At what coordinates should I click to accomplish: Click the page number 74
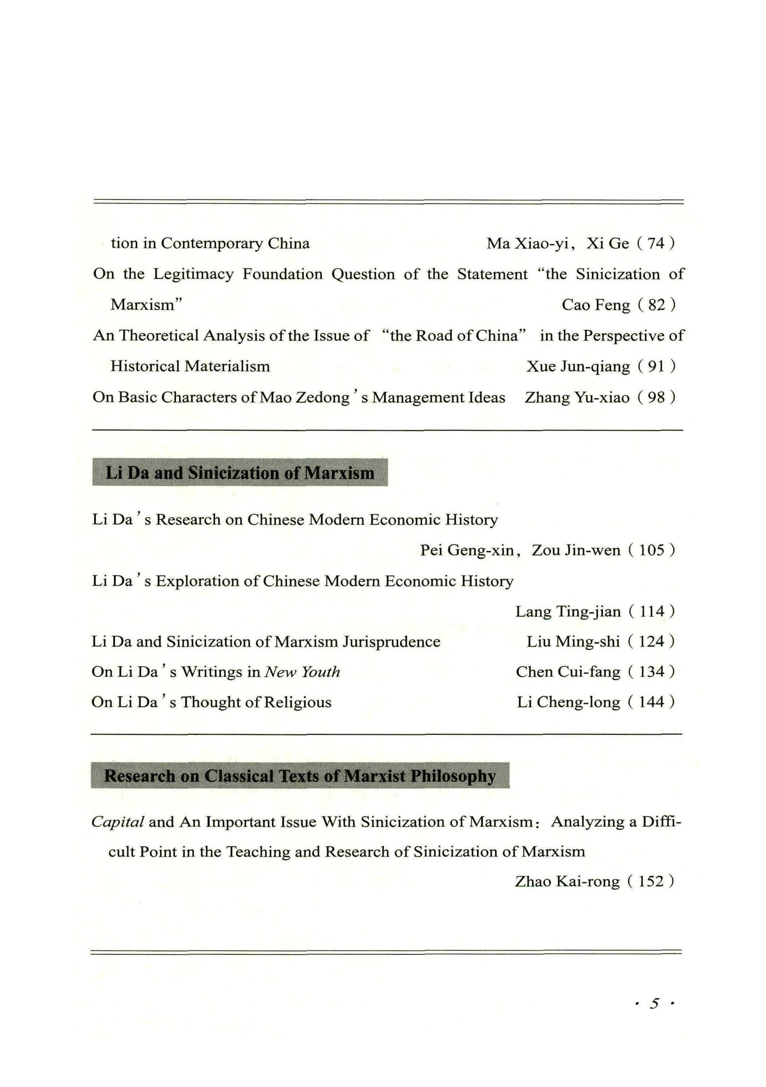(656, 243)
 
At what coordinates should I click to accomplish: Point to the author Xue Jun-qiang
(578, 366)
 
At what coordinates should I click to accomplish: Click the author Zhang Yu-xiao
(577, 397)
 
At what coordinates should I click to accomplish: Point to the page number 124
(651, 642)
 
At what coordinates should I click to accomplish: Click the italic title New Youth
(302, 672)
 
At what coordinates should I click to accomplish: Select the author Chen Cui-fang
(568, 672)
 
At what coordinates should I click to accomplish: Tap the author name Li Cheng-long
(568, 702)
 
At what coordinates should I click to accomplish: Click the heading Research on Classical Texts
(300, 776)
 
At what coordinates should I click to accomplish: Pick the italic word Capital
(117, 822)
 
